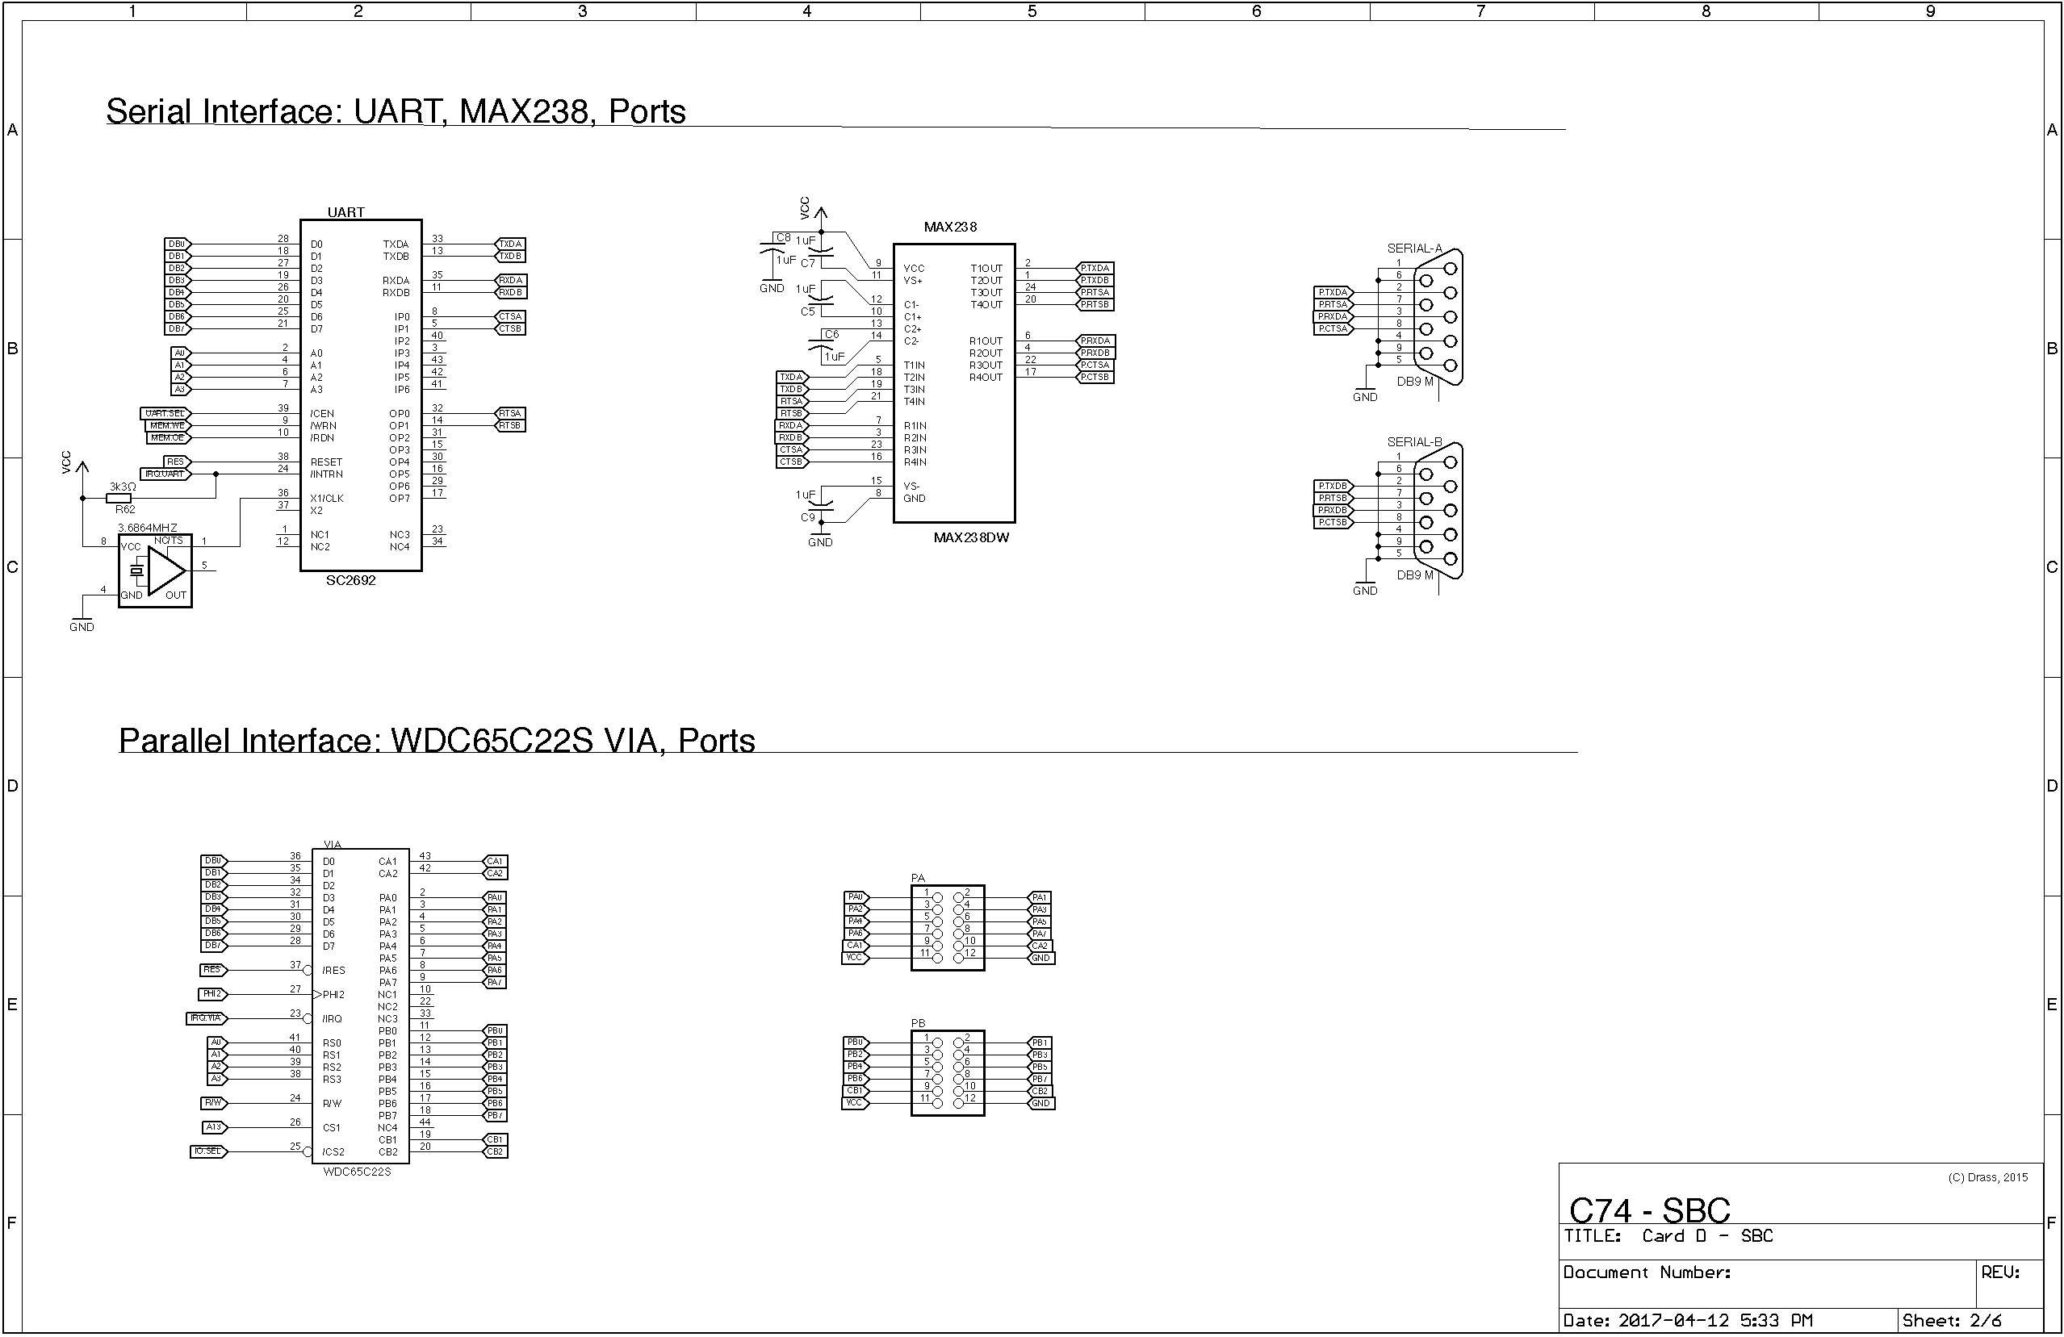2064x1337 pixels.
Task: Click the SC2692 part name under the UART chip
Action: [350, 580]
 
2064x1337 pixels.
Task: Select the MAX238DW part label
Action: [970, 537]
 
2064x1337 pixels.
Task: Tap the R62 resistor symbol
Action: [119, 499]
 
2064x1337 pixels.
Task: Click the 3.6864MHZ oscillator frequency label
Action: [148, 527]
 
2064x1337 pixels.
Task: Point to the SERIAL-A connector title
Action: [1413, 249]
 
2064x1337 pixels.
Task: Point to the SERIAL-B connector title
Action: [1413, 442]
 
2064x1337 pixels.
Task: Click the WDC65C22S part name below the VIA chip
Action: [357, 1172]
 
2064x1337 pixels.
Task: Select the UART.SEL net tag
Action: [165, 414]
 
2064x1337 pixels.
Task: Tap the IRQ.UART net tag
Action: [165, 474]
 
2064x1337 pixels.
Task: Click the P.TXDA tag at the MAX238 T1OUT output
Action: [1095, 268]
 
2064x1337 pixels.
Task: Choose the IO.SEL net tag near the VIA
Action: [208, 1151]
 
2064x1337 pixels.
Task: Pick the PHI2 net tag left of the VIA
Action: [212, 993]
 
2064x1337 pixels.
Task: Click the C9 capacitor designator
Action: [807, 518]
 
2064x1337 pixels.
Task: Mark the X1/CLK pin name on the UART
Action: [327, 499]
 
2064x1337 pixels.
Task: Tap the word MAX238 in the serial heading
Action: [523, 112]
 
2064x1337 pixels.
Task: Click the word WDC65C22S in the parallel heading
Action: [492, 742]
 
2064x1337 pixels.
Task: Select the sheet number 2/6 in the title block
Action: [1985, 1321]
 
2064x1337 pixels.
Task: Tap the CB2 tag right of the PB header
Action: [1040, 1091]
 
